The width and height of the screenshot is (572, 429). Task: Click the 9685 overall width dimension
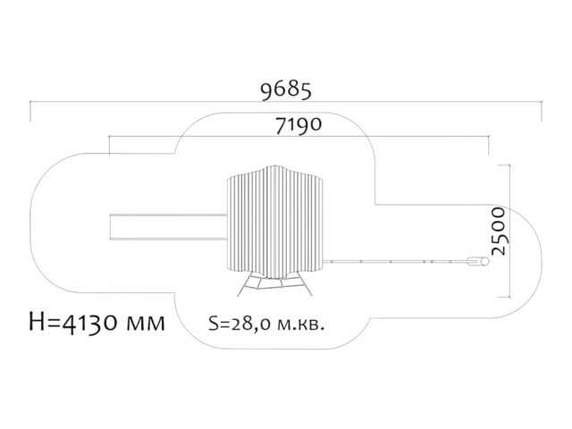tap(286, 90)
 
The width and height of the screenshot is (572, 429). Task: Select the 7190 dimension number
tap(299, 125)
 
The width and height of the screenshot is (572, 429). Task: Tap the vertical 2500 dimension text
tap(499, 231)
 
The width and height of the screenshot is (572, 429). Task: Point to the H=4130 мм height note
tap(97, 322)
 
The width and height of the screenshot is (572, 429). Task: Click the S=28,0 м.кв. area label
tap(266, 324)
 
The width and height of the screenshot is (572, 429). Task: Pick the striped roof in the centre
tap(275, 223)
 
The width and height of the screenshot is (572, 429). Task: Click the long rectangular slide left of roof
tap(169, 227)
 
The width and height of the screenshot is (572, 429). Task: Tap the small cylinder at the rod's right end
tap(478, 261)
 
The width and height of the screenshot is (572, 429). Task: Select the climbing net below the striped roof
tap(274, 284)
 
